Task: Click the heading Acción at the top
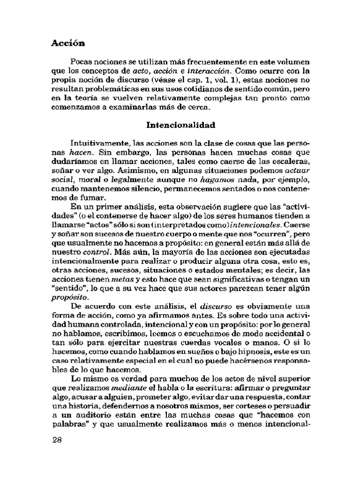(68, 43)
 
